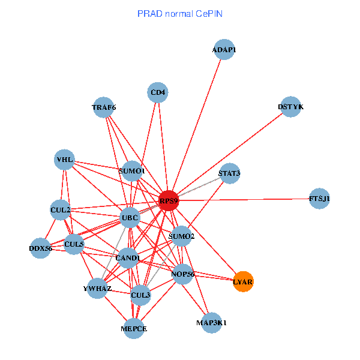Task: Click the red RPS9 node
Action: [169, 201]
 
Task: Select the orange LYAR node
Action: [243, 281]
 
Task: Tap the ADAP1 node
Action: [224, 50]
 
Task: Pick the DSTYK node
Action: [290, 107]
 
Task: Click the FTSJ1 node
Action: [319, 199]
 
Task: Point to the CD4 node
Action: [158, 92]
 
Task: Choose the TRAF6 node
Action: [104, 107]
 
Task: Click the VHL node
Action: [64, 160]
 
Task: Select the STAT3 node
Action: [229, 174]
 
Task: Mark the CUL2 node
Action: [61, 210]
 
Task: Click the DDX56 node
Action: [41, 248]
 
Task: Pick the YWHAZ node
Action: [97, 289]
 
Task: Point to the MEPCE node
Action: [133, 328]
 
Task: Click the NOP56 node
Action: [183, 274]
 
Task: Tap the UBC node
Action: [130, 217]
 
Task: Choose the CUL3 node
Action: [140, 295]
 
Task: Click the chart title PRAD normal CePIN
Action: [180, 13]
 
